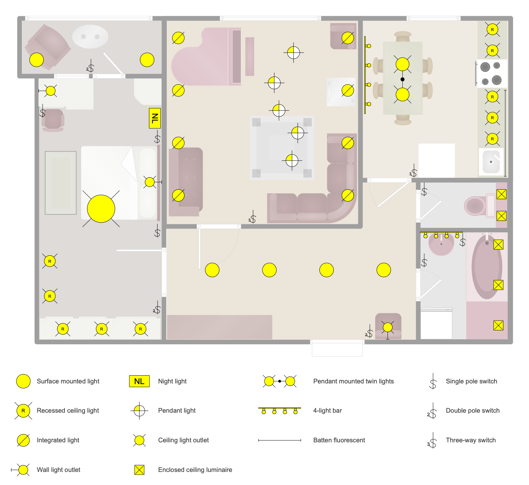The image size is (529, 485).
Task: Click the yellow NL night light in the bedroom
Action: (155, 118)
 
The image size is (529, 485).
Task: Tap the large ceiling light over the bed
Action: (101, 209)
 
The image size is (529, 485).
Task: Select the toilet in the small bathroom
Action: (476, 206)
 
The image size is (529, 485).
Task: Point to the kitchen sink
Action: (491, 162)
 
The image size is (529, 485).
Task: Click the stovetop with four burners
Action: (491, 73)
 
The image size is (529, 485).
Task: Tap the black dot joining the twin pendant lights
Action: (402, 79)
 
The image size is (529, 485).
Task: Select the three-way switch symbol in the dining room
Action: (414, 172)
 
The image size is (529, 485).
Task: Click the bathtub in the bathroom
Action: (487, 267)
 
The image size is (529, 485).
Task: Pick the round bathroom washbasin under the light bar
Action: (441, 244)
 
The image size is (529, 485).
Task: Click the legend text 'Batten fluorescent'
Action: (339, 440)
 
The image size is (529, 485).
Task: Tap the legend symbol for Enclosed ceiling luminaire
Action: (139, 470)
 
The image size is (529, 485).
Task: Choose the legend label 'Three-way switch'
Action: (470, 440)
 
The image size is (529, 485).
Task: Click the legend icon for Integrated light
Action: (23, 440)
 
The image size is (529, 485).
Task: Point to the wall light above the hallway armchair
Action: (388, 328)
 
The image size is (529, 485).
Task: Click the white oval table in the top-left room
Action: (90, 36)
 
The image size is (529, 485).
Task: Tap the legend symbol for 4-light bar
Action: (279, 411)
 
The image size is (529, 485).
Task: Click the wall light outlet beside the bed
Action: (150, 182)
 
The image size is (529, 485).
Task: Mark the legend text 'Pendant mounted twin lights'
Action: (353, 381)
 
